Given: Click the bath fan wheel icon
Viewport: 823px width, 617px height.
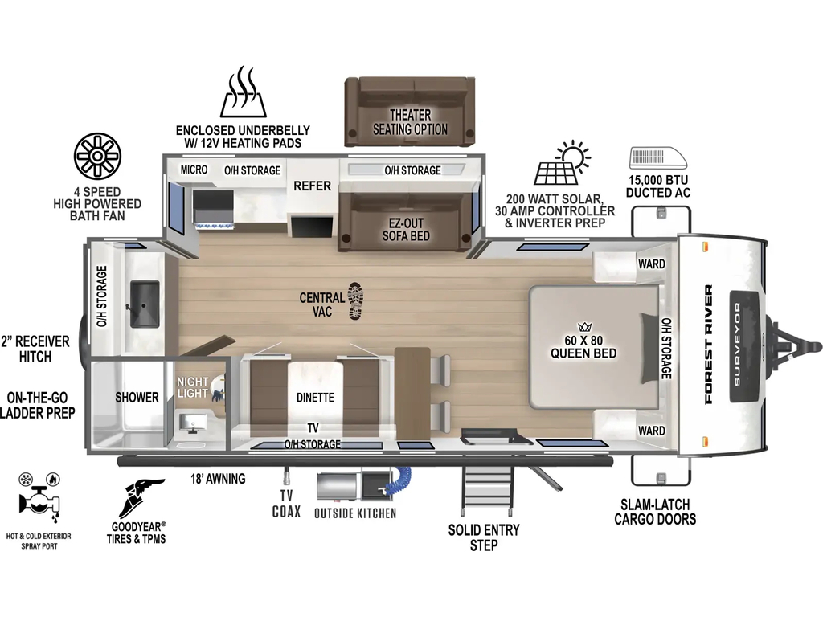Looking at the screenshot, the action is coord(97,156).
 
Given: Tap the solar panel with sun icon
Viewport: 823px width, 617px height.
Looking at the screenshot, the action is coord(562,162).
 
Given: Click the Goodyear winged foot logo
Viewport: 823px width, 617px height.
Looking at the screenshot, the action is coord(138,498).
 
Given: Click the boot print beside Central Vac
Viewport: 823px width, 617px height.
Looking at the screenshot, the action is coord(356,300).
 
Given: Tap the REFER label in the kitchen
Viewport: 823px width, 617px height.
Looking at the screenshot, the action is coord(313,186).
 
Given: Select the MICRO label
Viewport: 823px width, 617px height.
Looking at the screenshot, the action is coord(194,170).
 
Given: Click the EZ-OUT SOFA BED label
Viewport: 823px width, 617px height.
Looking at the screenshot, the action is coord(406,229).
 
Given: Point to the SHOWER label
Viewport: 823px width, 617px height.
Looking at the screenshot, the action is coord(137,397).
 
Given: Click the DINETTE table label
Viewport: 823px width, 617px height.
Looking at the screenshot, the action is coord(315,398).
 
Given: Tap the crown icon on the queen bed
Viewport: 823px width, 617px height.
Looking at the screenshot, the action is coord(584,328).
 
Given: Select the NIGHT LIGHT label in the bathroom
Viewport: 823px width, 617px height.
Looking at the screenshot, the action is coord(193,387).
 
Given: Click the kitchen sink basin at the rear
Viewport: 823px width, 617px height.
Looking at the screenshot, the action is coord(145,304).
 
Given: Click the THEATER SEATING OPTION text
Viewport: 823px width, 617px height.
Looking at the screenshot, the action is coord(411,122).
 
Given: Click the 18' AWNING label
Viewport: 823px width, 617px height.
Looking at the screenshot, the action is coord(218,479).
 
